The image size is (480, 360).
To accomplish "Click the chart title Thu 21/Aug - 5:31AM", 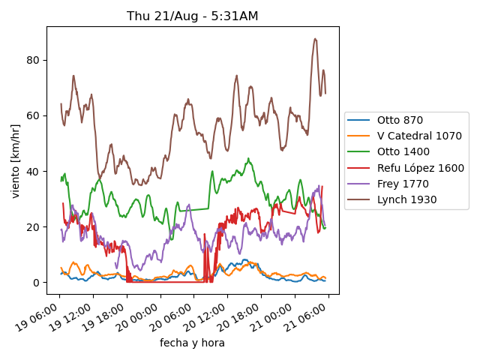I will click(192, 16).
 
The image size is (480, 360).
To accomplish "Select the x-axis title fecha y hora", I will click(192, 343).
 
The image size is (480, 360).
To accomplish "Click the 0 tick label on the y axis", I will click(36, 282).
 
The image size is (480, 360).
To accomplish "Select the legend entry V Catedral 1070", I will click(419, 136).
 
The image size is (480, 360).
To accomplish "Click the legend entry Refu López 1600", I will click(421, 168).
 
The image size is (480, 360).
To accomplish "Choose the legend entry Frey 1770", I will click(402, 184).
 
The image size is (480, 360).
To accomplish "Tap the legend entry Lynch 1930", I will click(406, 199).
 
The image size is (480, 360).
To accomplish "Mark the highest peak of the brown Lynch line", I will click(316, 39).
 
